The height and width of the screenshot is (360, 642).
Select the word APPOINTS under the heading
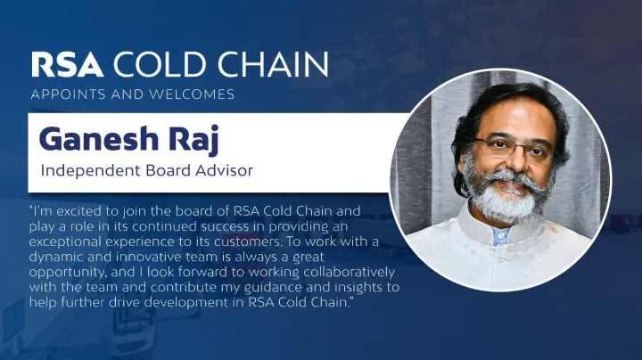pos(63,94)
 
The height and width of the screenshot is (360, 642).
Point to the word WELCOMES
pos(194,94)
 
